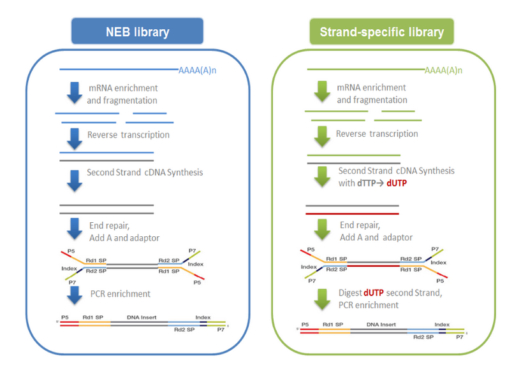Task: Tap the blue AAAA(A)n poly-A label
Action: (197, 70)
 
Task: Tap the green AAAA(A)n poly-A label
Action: (443, 70)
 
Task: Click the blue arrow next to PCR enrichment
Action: (75, 295)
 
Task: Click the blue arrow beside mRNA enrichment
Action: (75, 92)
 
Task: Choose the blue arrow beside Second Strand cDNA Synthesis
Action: (75, 180)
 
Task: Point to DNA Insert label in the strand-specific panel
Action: (379, 324)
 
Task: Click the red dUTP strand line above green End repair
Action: (353, 214)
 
